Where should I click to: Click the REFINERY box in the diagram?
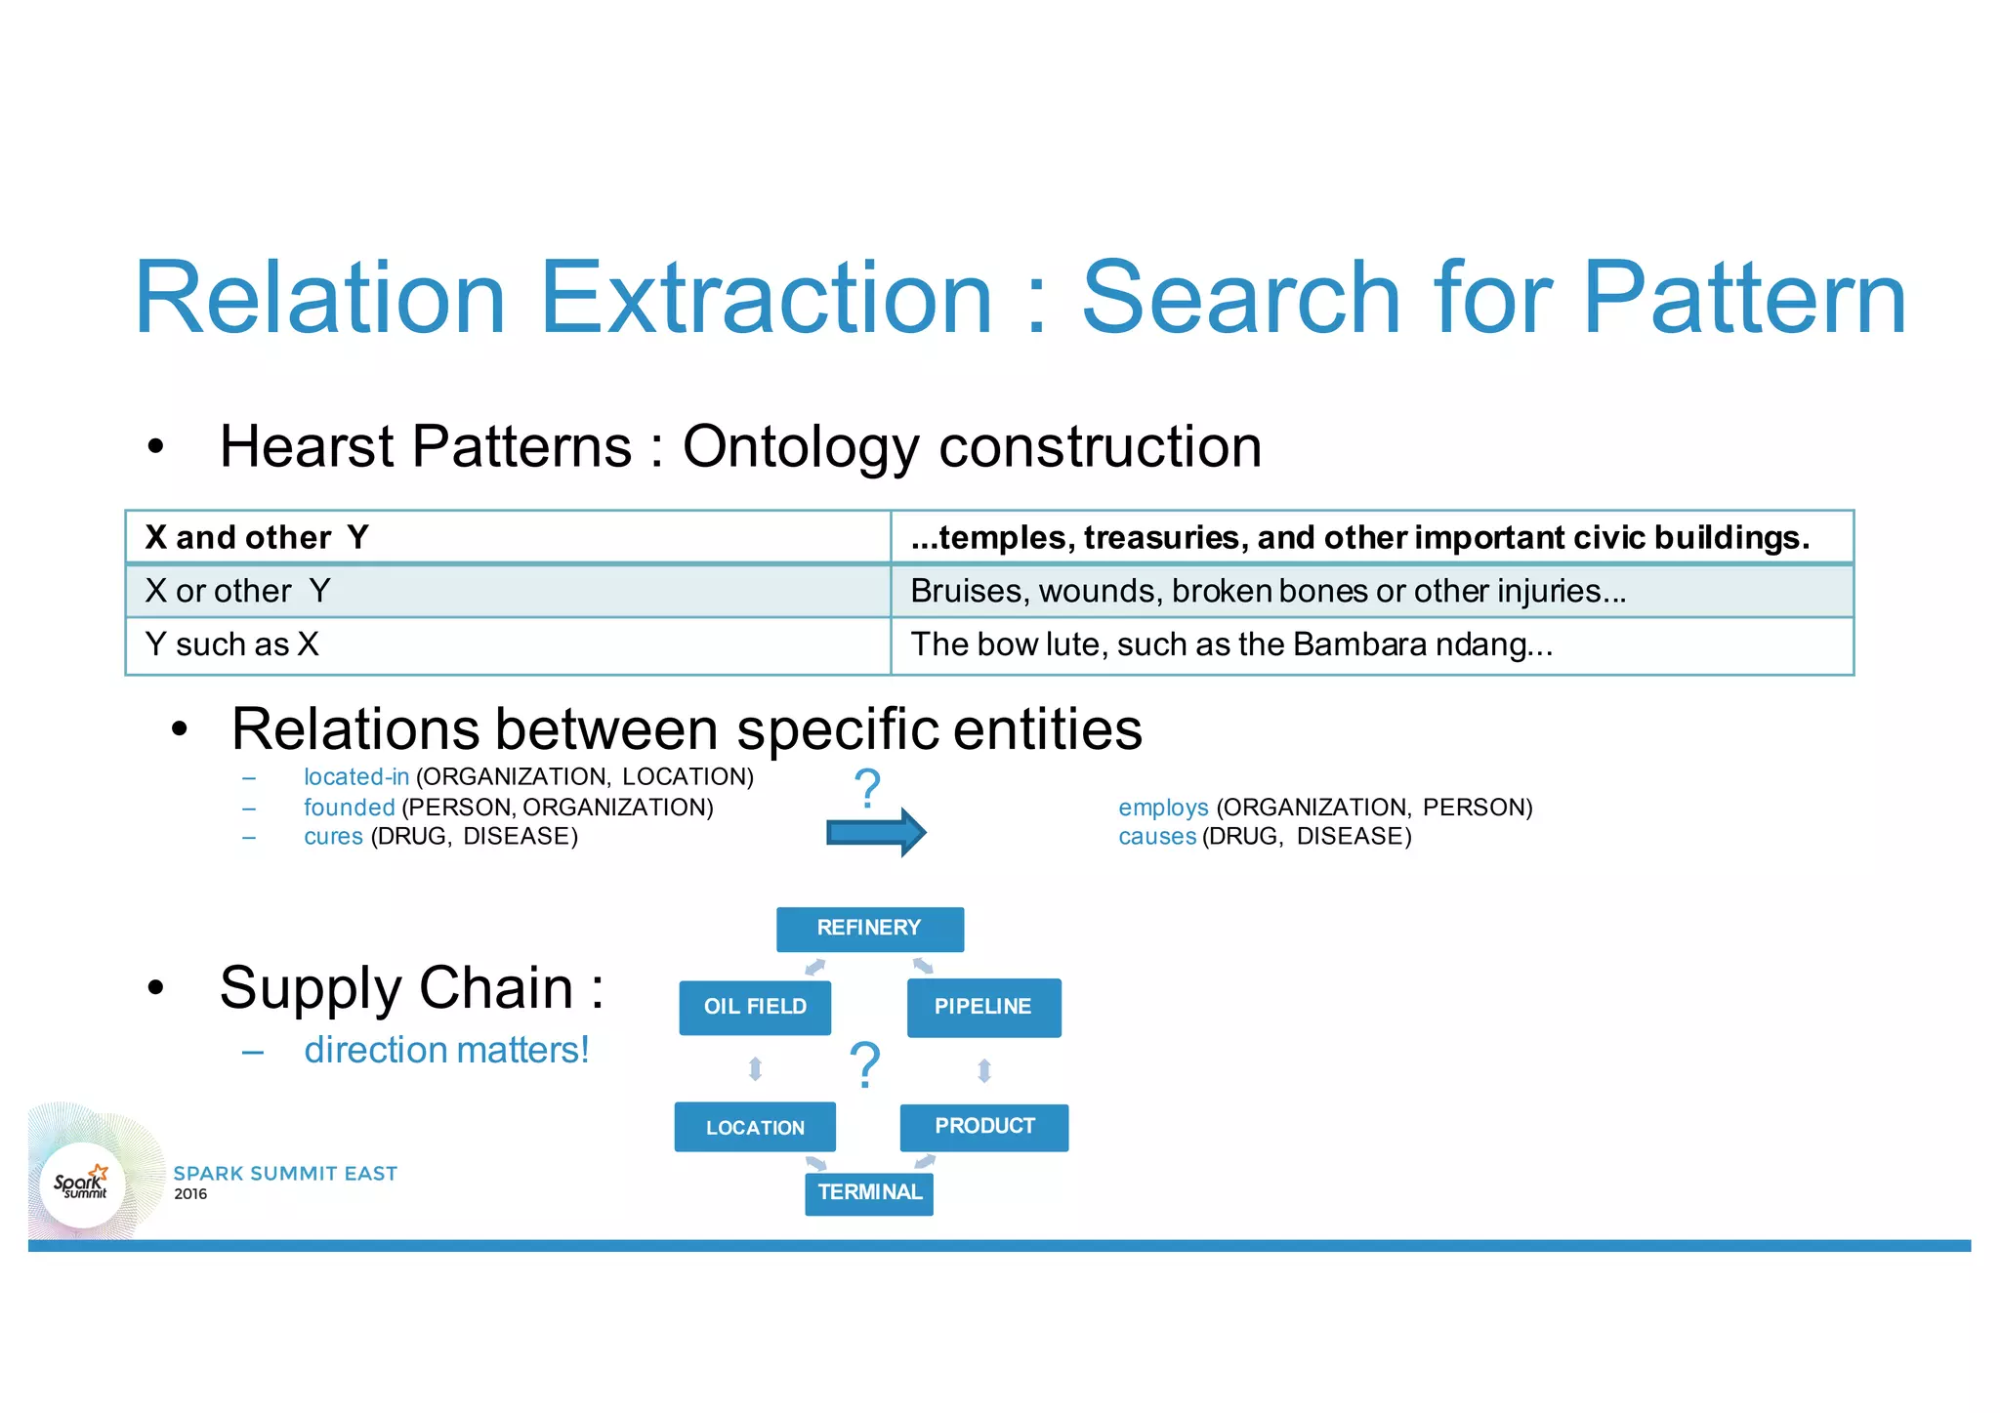(x=869, y=929)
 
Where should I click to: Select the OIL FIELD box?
(x=755, y=1007)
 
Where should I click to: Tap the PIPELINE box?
(x=983, y=1007)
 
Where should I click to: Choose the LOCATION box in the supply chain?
(x=755, y=1128)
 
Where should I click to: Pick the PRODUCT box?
(x=984, y=1127)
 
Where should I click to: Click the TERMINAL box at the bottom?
(x=869, y=1193)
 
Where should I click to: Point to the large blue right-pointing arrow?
(x=875, y=832)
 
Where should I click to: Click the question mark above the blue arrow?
(x=867, y=788)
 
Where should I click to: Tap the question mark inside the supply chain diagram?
(x=865, y=1064)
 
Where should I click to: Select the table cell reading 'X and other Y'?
(x=508, y=537)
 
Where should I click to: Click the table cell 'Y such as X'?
(x=508, y=644)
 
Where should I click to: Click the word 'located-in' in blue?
(x=355, y=777)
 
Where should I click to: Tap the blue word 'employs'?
(x=1163, y=808)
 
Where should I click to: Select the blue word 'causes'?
(x=1157, y=837)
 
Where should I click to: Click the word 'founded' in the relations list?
(x=349, y=808)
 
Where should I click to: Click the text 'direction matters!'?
(x=446, y=1051)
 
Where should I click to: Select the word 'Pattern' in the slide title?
(x=1743, y=298)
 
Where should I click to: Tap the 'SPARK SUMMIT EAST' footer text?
(x=285, y=1174)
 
